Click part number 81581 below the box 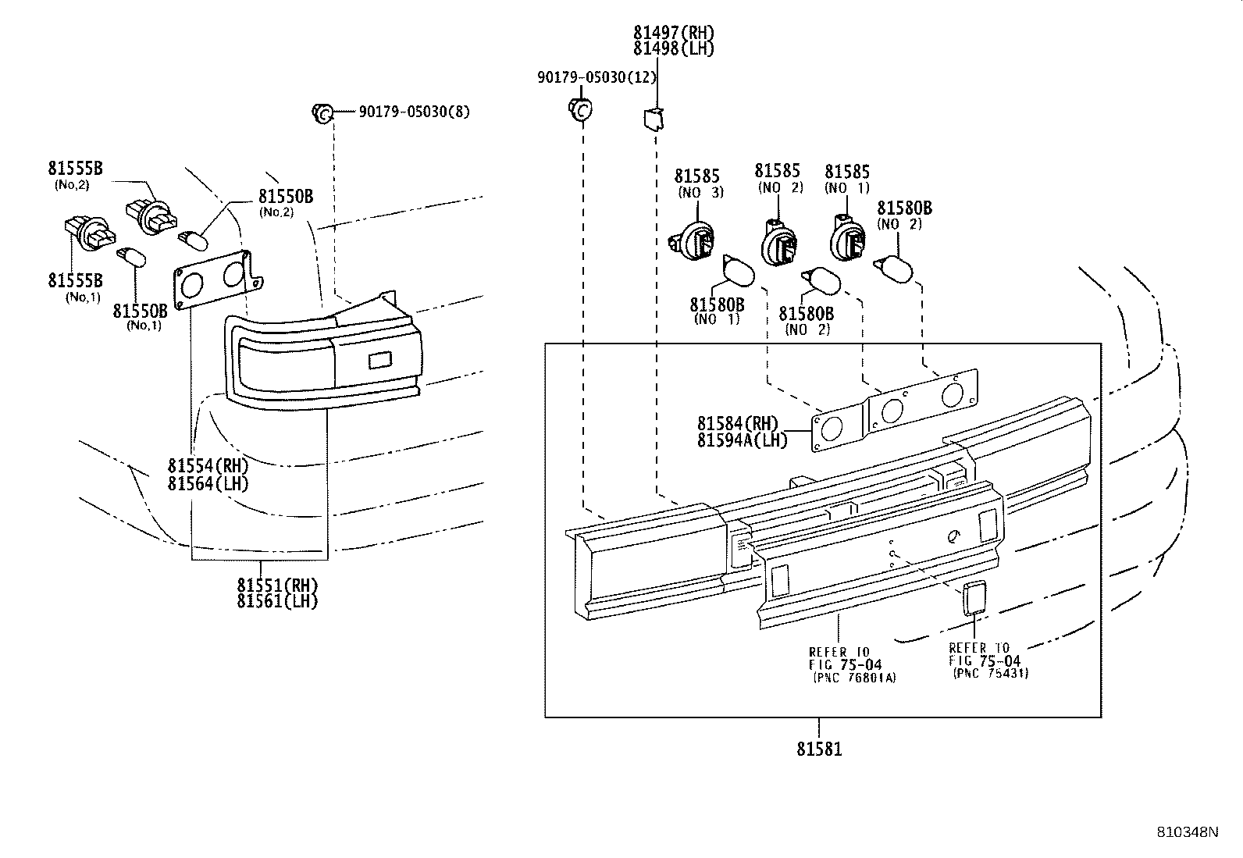[819, 749]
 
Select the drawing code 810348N [1187, 832]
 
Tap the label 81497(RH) [673, 33]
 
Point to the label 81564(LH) [208, 483]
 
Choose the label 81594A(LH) [743, 440]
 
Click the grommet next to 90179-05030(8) [322, 112]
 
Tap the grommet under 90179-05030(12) [579, 110]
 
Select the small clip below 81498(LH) [652, 119]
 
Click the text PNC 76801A [854, 678]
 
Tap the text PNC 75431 [990, 673]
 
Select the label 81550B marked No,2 [286, 196]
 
